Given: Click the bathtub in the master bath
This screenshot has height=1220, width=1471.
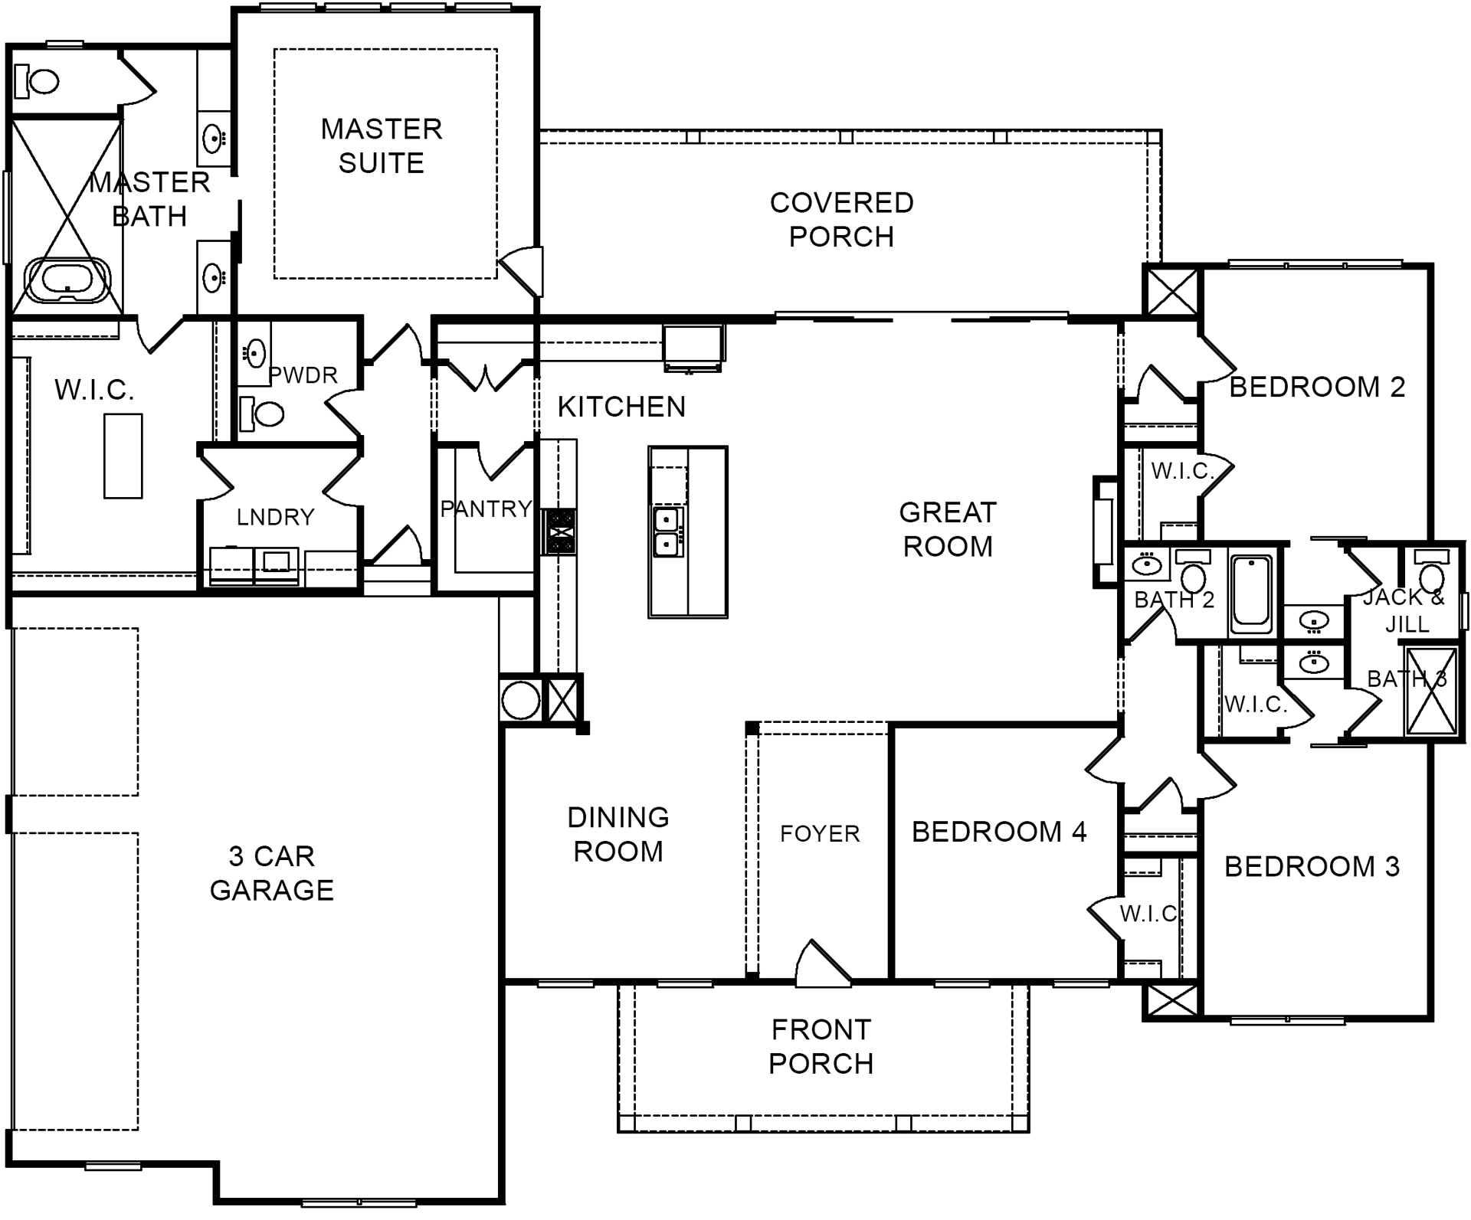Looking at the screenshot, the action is click(68, 280).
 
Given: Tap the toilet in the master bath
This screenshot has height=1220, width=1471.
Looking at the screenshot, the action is click(37, 81).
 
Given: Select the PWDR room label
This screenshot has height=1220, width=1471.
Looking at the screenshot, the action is click(303, 375).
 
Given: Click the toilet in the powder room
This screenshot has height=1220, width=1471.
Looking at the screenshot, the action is click(261, 414).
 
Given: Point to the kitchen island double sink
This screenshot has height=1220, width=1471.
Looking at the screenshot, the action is click(667, 532).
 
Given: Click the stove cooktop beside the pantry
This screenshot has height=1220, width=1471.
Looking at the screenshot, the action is click(559, 532).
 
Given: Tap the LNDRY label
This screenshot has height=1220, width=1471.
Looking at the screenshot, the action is click(276, 518).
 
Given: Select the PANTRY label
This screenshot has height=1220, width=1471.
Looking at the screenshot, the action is click(486, 509).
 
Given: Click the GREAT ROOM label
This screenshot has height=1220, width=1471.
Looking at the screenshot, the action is click(948, 529).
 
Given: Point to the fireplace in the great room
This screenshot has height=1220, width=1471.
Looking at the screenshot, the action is click(1103, 532).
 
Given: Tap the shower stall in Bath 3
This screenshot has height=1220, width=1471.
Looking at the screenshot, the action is click(1431, 692).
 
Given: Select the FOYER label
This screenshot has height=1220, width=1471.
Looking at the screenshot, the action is click(820, 833).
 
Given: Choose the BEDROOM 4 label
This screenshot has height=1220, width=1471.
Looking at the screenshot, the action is click(999, 832).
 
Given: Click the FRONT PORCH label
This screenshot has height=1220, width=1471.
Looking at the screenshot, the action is click(821, 1047).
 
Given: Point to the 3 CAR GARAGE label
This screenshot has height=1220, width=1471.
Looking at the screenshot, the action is click(272, 873).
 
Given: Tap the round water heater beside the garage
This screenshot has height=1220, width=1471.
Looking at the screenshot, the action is click(520, 700).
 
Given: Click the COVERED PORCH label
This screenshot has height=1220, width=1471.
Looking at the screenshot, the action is click(841, 220).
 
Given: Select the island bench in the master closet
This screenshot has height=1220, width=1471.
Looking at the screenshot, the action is click(123, 456).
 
